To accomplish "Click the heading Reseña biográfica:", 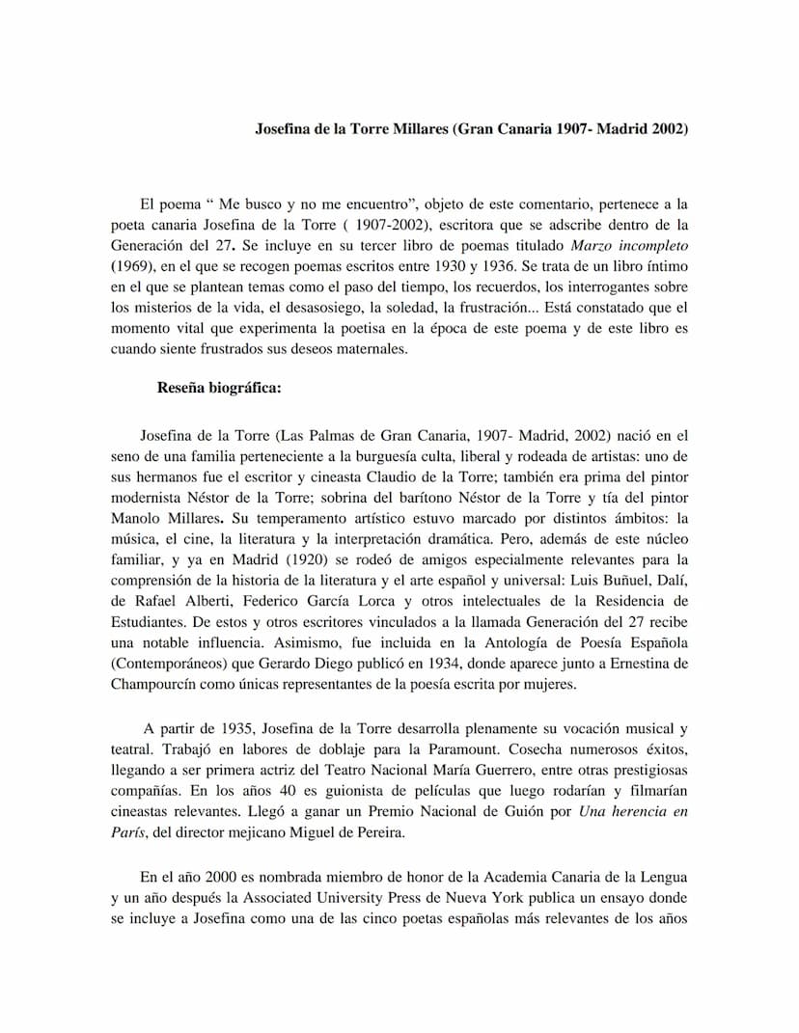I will [x=219, y=389].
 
